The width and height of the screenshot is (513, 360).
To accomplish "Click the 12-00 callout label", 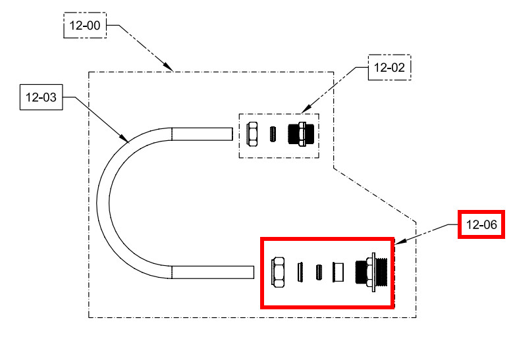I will click(84, 27).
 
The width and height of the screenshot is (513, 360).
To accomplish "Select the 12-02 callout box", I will click(389, 67).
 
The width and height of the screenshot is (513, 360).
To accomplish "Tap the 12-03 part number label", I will click(41, 99).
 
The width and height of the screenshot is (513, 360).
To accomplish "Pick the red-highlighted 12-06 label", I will click(481, 225).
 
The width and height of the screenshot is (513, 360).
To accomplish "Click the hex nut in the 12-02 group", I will click(252, 134).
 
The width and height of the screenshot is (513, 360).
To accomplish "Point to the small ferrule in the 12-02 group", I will click(272, 134).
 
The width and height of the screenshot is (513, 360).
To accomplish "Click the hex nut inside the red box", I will click(279, 272).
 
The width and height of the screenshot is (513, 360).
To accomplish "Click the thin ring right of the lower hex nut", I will click(300, 272).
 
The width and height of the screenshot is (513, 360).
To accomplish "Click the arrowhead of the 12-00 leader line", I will click(171, 69).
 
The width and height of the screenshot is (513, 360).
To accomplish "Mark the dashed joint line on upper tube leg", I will click(172, 134).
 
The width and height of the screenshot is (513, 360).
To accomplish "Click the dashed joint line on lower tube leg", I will click(172, 271).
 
